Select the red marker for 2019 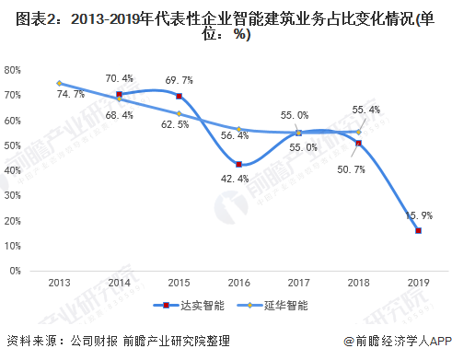pos(418,231)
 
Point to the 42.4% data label pos(238,179)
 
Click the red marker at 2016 pos(238,164)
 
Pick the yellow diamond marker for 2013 pos(59,83)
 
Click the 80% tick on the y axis pos(14,70)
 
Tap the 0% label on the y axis pos(17,272)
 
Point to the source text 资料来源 pos(28,340)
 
